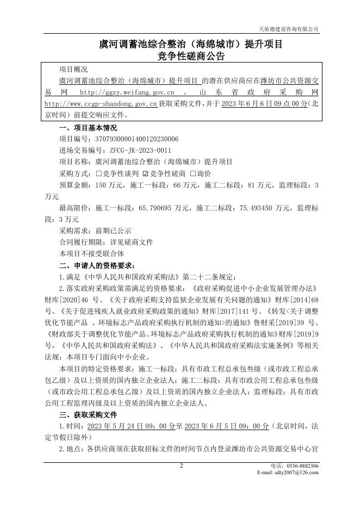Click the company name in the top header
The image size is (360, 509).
(288, 29)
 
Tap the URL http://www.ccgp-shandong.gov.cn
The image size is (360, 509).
(101, 103)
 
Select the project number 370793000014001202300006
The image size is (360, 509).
(136, 139)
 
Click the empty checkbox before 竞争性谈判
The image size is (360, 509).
(98, 173)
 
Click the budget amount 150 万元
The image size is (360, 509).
(107, 185)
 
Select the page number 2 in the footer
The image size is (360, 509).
(182, 466)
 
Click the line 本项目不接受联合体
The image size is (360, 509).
(91, 253)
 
